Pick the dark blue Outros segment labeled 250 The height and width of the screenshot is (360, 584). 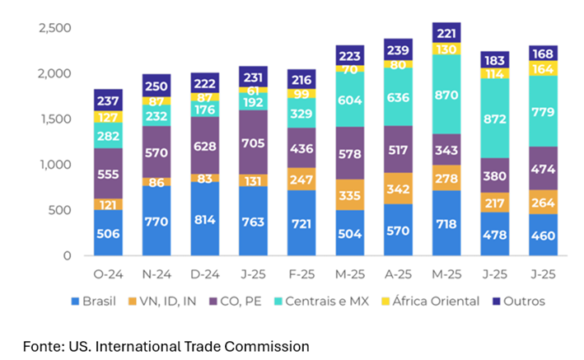tap(157, 86)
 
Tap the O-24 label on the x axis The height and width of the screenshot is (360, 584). tap(108, 273)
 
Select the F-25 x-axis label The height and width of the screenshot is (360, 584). tap(301, 273)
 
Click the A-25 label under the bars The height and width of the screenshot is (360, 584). tap(399, 273)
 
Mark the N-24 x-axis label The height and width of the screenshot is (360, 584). tap(157, 273)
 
